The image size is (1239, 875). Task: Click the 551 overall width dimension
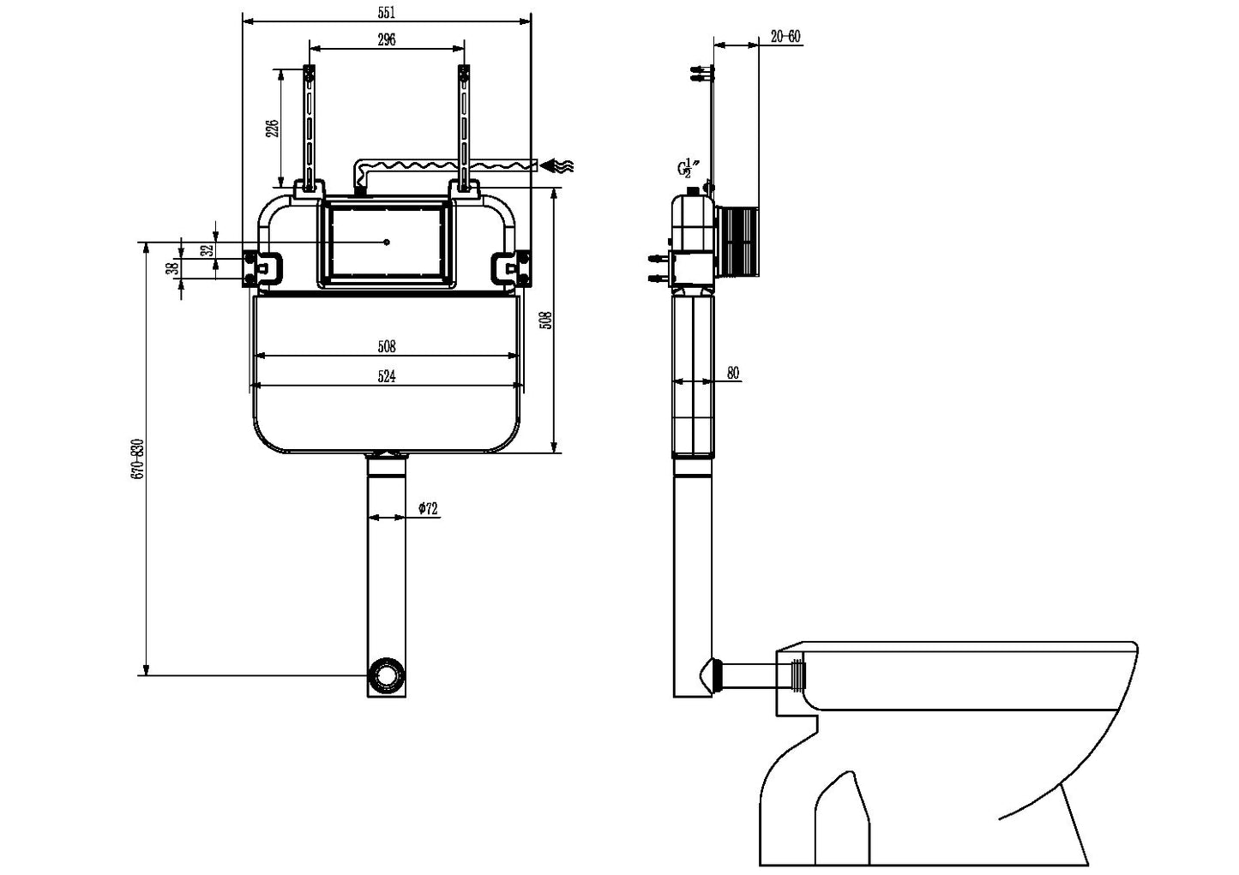(387, 12)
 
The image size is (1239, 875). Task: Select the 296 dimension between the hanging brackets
(387, 39)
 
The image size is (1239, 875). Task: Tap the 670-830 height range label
(138, 470)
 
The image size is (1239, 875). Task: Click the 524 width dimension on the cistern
(387, 376)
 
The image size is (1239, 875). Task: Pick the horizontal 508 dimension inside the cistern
(387, 347)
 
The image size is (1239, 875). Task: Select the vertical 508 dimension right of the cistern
(547, 321)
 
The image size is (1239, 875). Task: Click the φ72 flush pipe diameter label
(428, 508)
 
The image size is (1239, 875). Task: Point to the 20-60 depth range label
(785, 36)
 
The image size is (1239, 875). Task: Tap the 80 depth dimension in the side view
(733, 373)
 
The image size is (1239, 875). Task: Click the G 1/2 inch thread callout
(687, 168)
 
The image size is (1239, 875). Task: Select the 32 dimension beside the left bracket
(205, 250)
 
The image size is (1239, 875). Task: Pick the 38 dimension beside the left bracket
(171, 268)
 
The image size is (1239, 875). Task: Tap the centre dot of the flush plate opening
(388, 242)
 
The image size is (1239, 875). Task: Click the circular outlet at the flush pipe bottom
(387, 674)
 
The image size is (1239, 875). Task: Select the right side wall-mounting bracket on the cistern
(511, 267)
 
